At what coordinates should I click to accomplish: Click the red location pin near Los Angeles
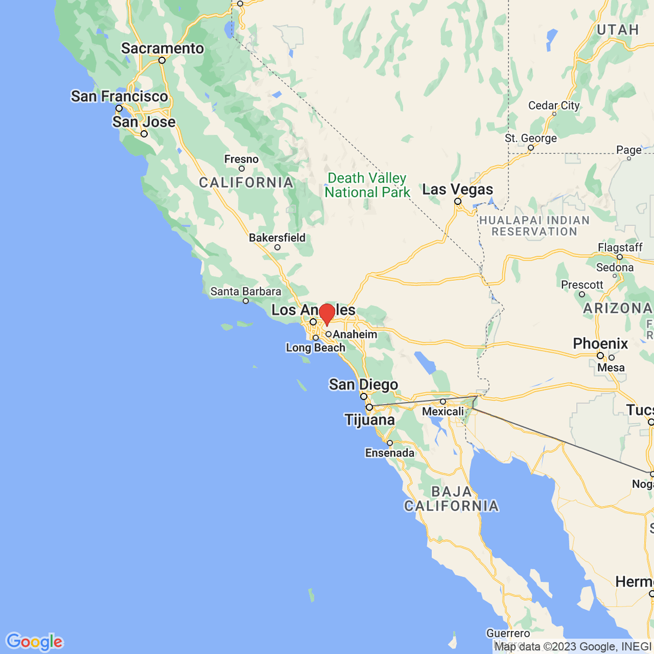326,314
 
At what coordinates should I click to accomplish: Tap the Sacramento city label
162,49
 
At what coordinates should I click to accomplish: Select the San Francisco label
119,96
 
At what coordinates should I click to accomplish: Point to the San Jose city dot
144,134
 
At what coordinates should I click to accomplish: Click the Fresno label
241,159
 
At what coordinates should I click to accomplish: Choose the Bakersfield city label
277,238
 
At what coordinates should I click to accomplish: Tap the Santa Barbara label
246,292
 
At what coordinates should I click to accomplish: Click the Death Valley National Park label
367,185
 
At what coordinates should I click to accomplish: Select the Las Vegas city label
458,190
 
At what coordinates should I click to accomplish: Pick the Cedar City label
554,105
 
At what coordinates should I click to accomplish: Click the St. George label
531,138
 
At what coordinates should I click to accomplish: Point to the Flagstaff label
620,247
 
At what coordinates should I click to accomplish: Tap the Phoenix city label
601,343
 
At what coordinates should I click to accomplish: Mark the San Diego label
364,385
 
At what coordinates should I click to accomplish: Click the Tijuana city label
370,420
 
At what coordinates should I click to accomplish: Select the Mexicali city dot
443,402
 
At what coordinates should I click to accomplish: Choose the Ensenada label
390,453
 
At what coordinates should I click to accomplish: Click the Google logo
34,641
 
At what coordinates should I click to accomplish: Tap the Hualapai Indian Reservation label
534,226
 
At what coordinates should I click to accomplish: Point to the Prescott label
582,284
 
